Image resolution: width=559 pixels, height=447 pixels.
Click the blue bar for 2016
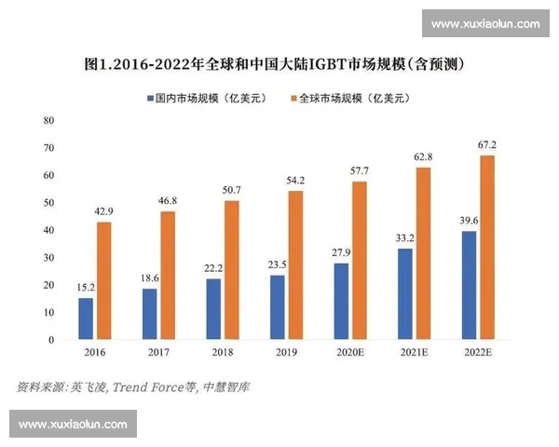click(x=86, y=318)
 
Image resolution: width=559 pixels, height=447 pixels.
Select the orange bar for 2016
click(x=103, y=280)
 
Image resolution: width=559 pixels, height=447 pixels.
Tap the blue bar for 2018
click(x=213, y=309)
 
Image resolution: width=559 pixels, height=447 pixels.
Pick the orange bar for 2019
click(x=295, y=265)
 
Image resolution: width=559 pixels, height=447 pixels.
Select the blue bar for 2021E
click(x=405, y=294)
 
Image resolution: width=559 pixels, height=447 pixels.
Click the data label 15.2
click(x=86, y=288)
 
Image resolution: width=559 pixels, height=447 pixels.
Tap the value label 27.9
click(x=341, y=253)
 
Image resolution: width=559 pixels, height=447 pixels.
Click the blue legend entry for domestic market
click(x=196, y=98)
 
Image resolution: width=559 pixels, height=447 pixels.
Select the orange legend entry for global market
click(x=348, y=98)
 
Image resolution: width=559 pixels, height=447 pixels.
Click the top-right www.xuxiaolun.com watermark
click(x=485, y=23)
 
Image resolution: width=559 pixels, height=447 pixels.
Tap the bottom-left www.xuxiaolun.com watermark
click(x=73, y=424)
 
